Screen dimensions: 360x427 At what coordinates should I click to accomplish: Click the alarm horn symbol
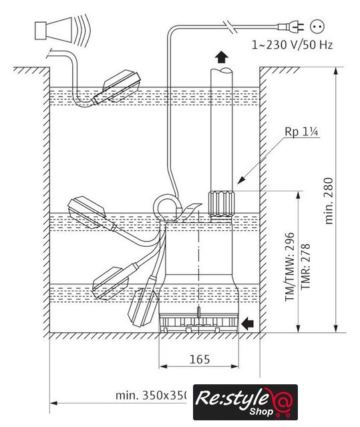62,31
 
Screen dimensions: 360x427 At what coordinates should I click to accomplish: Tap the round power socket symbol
317,27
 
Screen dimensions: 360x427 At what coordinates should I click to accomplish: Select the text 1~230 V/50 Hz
292,45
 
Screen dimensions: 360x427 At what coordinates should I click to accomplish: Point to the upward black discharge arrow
221,57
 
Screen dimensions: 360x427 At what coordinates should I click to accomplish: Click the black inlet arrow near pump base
247,324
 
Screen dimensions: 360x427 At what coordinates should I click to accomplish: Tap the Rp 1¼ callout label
301,132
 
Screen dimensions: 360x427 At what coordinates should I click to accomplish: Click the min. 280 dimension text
329,201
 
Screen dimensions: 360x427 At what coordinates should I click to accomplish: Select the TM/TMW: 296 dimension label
290,267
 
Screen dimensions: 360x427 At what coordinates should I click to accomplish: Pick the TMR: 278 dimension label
305,267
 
